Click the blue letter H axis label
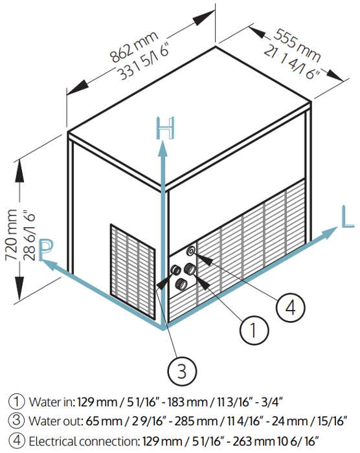pos(165,127)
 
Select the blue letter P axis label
pos(46,250)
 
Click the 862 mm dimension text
pos(133,47)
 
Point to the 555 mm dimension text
pos(297,45)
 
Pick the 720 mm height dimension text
pos(12,234)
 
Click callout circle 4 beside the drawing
pos(290,307)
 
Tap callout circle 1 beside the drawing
pos(254,330)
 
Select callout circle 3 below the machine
pos(182,371)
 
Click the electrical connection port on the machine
pos(191,250)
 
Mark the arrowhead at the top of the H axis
pos(163,149)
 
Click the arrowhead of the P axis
pos(47,264)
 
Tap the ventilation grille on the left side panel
pos(133,272)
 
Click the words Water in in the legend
pos(52,402)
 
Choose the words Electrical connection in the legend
pos(84,441)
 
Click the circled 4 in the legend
pos(16,440)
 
